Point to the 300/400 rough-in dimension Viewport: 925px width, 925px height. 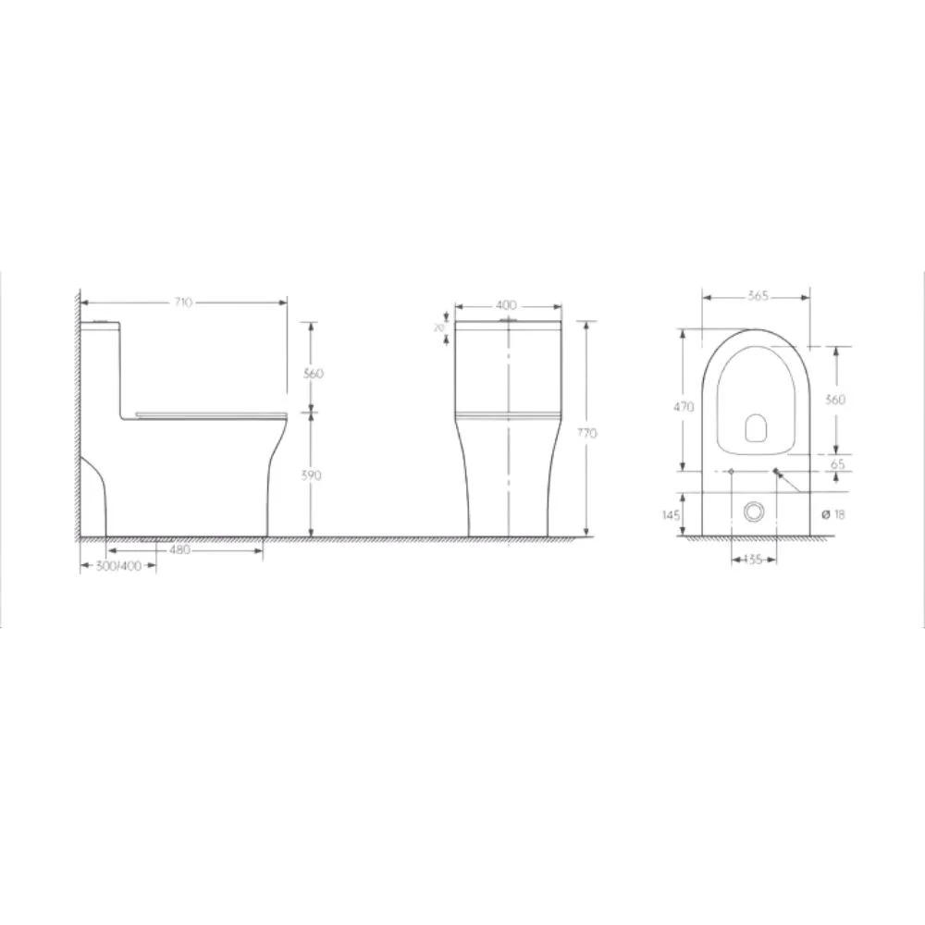[118, 567]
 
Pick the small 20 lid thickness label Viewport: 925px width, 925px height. [440, 328]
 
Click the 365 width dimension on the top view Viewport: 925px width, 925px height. [758, 296]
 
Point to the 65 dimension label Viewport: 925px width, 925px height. [839, 465]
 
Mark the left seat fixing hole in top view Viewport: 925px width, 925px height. [732, 473]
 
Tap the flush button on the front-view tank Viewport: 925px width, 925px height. [507, 321]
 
